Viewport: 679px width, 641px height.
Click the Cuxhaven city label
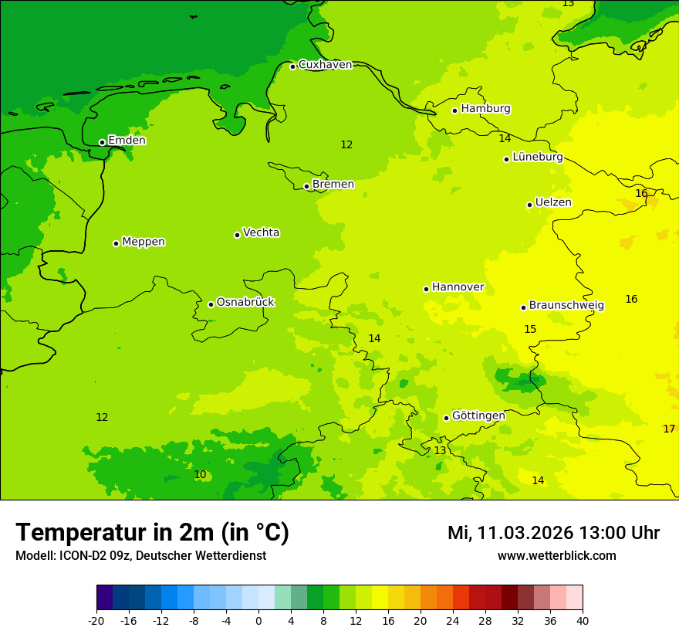pos(325,65)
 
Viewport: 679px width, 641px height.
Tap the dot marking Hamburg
pos(455,110)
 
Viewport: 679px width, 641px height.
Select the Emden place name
pos(127,141)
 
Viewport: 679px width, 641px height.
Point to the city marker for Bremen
pos(306,186)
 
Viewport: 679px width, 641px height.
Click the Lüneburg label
pos(537,157)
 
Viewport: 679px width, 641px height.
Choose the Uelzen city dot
pos(529,205)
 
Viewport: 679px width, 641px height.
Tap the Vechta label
pos(261,232)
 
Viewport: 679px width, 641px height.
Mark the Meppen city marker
pos(116,243)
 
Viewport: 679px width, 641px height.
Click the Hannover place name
pos(458,287)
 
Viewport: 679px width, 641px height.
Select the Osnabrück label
pos(245,302)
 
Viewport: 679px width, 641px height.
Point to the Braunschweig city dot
pos(523,307)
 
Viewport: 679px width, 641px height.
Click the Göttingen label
pos(478,415)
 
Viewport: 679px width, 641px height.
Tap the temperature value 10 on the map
pos(200,474)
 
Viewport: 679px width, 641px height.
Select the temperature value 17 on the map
pos(669,429)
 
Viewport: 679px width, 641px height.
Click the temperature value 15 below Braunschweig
pos(530,329)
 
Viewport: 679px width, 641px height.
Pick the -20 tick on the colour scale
pos(96,620)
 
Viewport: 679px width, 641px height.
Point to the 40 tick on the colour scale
pos(583,620)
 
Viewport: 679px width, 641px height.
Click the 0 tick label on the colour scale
pos(258,620)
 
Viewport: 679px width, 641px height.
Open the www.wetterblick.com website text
pos(556,556)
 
